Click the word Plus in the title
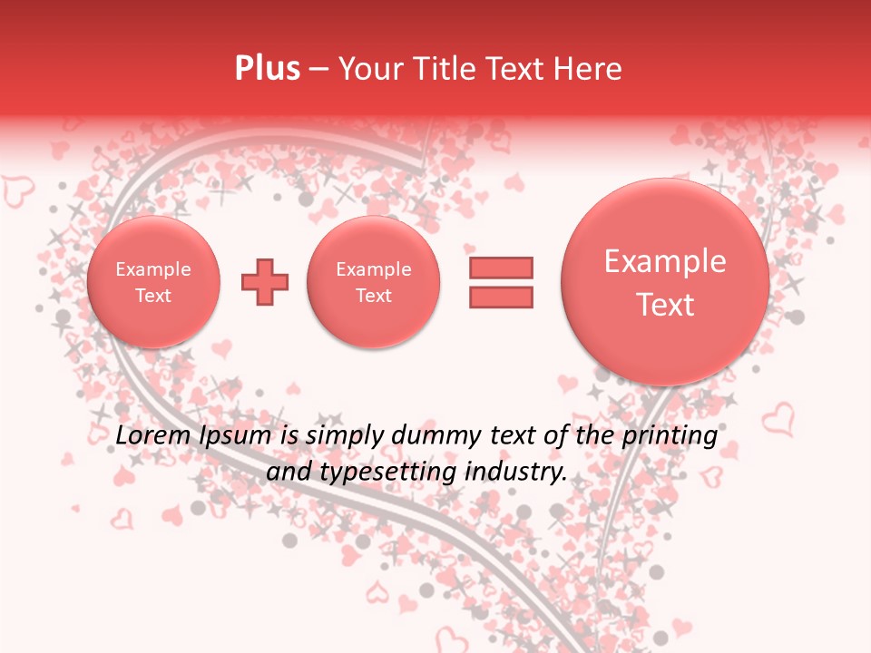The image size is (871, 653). click(x=267, y=69)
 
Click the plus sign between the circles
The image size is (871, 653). click(x=265, y=282)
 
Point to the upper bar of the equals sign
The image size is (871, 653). click(x=501, y=268)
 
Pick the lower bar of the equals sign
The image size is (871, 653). click(x=501, y=297)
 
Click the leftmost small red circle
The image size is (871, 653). click(x=153, y=282)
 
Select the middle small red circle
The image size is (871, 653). click(x=374, y=282)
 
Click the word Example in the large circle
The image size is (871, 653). click(x=665, y=261)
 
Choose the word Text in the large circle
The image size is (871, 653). click(x=665, y=305)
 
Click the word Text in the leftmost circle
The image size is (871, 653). click(x=153, y=296)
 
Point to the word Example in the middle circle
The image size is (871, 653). click(x=374, y=269)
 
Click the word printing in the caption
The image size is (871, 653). click(x=670, y=436)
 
